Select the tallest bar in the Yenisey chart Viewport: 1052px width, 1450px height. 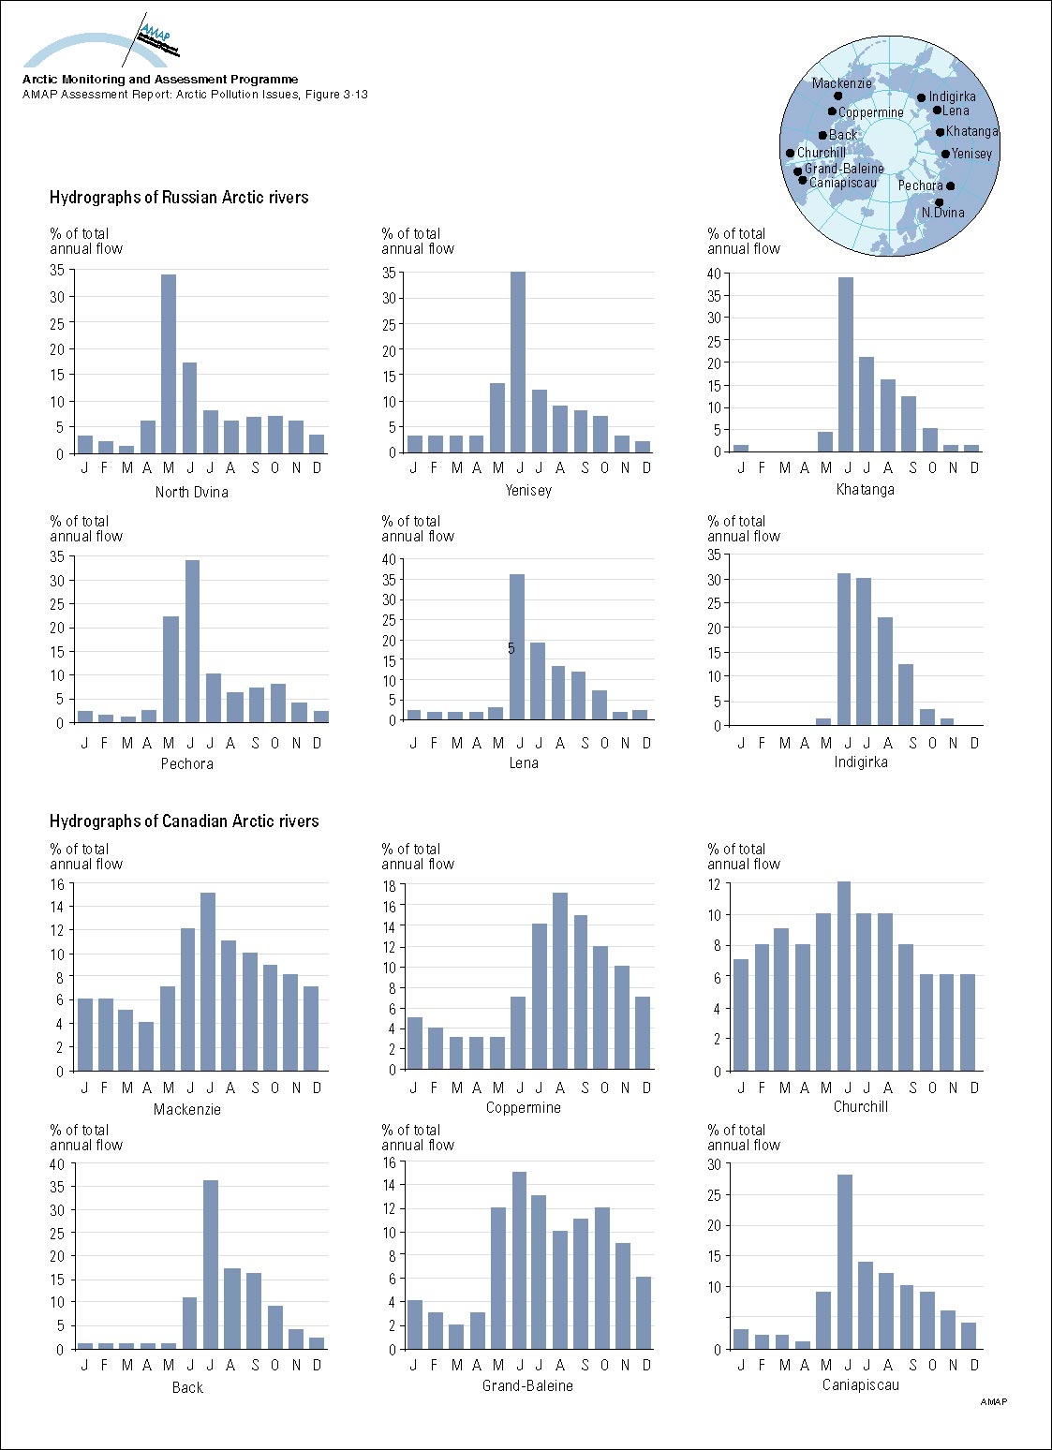518,362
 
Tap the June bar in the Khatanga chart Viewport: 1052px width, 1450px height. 845,364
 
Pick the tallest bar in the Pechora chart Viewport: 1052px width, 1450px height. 191,641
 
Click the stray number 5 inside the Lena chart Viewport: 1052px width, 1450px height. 511,648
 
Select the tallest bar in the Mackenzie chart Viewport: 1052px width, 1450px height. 208,981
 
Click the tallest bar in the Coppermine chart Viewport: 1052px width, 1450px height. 560,981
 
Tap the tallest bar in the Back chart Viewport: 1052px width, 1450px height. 211,1265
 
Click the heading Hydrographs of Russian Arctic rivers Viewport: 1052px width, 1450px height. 179,198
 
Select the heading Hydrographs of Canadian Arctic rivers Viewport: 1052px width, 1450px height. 185,821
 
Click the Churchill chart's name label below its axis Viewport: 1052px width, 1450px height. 860,1106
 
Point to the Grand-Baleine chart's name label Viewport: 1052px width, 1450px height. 527,1385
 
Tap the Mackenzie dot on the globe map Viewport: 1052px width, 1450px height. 838,96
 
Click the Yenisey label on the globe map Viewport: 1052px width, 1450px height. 971,154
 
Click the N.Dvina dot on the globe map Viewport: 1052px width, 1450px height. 940,201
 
